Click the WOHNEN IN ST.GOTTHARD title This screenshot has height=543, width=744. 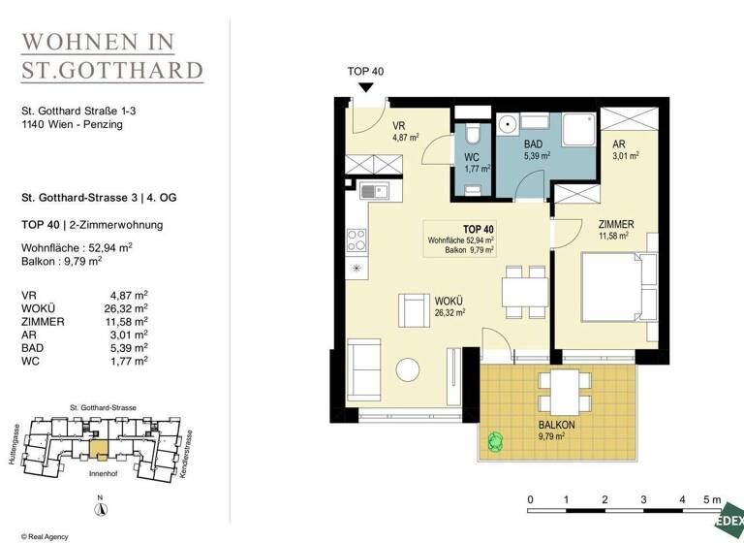[113, 55]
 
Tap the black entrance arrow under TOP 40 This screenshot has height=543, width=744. [365, 88]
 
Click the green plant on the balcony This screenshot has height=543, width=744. [497, 441]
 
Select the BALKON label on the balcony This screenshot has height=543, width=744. [558, 425]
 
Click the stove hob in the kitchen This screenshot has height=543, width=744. [356, 238]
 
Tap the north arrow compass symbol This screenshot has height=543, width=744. [99, 510]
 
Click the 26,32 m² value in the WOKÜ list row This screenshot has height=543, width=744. [127, 308]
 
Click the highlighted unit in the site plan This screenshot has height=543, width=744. [98, 447]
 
